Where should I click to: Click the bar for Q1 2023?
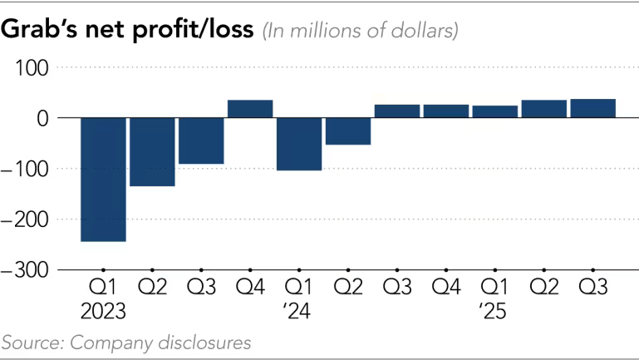[103, 180]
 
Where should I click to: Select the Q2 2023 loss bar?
[152, 152]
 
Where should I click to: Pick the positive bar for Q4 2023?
[250, 109]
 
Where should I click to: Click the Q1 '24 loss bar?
[299, 144]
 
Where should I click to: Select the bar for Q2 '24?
[348, 131]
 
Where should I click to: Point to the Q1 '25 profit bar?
[494, 112]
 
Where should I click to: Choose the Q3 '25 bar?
[592, 109]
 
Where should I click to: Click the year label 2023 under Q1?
[103, 313]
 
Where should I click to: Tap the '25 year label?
[494, 313]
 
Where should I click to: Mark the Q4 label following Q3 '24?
[446, 288]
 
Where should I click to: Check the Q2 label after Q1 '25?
[543, 288]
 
